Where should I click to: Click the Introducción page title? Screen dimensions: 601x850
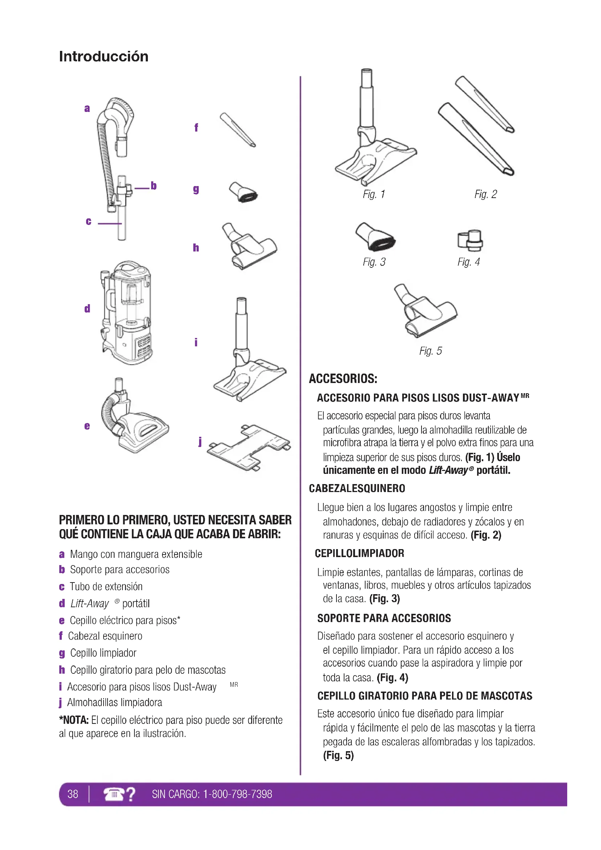[104, 56]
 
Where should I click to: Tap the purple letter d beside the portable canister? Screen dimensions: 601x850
[87, 309]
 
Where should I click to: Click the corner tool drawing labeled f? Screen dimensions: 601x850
[238, 130]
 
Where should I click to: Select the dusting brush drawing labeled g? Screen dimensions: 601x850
[243, 192]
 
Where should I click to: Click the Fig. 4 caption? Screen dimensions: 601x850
[468, 262]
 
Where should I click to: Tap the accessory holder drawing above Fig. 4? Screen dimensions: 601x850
[470, 240]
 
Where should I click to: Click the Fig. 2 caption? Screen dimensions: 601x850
[485, 194]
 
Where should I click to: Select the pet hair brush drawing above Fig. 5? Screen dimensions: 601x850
[425, 310]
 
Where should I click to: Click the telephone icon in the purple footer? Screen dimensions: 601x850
[114, 794]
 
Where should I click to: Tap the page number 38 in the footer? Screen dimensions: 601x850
[73, 794]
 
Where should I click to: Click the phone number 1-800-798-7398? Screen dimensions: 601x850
[238, 794]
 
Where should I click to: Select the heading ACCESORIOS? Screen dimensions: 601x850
[343, 379]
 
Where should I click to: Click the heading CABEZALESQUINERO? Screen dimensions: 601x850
[357, 488]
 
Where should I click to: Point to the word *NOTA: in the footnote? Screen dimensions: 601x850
[74, 720]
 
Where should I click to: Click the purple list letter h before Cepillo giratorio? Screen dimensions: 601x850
[62, 670]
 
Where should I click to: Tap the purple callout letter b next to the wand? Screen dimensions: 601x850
[154, 185]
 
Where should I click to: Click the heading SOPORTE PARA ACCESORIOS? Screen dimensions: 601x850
[384, 618]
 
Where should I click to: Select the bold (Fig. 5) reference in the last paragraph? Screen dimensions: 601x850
[338, 755]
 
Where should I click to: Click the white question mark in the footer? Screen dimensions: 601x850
[131, 794]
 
